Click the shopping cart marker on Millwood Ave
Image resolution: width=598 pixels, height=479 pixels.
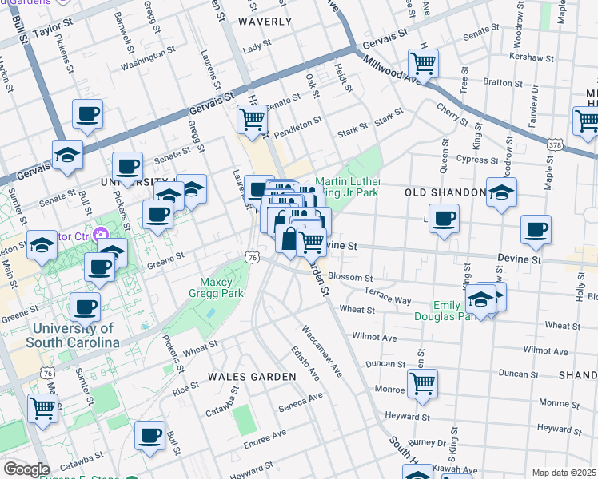pyautogui.click(x=423, y=63)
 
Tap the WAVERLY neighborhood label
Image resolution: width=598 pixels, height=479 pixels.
pyautogui.click(x=265, y=22)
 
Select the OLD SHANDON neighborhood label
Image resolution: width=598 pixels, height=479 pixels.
pyautogui.click(x=445, y=193)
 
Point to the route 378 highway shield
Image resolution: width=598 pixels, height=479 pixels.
pyautogui.click(x=556, y=145)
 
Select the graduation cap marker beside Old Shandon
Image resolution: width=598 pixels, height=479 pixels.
pyautogui.click(x=501, y=192)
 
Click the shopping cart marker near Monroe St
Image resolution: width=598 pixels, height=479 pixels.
pyautogui.click(x=422, y=382)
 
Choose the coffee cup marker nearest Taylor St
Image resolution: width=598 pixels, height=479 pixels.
pyautogui.click(x=88, y=113)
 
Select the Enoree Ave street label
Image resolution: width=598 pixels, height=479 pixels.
pyautogui.click(x=266, y=433)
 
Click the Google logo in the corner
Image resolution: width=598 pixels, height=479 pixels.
pyautogui.click(x=26, y=469)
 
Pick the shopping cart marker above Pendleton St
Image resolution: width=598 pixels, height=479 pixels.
pyautogui.click(x=252, y=119)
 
